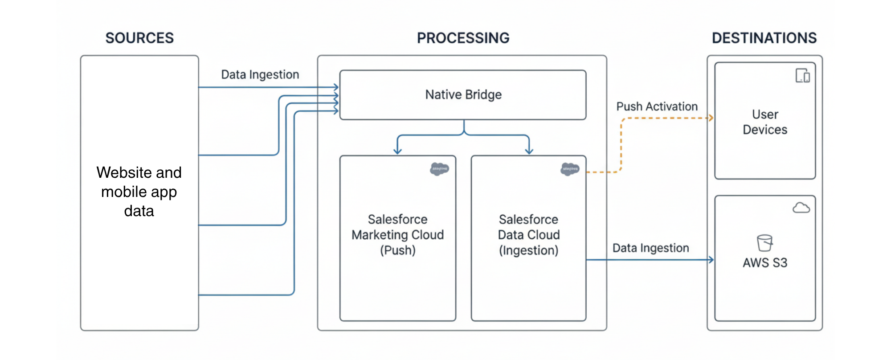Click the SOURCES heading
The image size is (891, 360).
tap(139, 38)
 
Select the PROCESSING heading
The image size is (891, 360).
tap(463, 38)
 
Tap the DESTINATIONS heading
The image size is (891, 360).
tap(764, 38)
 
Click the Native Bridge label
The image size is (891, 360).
tap(463, 94)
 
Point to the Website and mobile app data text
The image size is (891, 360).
tap(139, 192)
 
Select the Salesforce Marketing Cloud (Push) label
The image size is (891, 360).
tap(397, 235)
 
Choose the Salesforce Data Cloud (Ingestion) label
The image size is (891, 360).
tap(529, 235)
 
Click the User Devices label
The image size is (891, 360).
tap(765, 122)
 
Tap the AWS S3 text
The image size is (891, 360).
tap(765, 263)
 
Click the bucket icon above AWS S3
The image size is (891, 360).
tap(764, 243)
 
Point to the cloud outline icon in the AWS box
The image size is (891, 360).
tap(801, 208)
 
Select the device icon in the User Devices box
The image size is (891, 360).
tap(803, 76)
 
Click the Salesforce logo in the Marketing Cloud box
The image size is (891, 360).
tap(439, 169)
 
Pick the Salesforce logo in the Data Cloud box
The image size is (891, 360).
tap(570, 169)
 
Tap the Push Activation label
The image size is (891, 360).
tap(657, 106)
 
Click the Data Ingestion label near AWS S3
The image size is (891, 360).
tap(650, 248)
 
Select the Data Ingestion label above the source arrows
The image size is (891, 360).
tap(260, 74)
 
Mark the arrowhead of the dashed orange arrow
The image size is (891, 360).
tap(711, 118)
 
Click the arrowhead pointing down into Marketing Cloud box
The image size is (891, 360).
tap(397, 151)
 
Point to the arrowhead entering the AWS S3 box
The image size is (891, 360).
tap(711, 260)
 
